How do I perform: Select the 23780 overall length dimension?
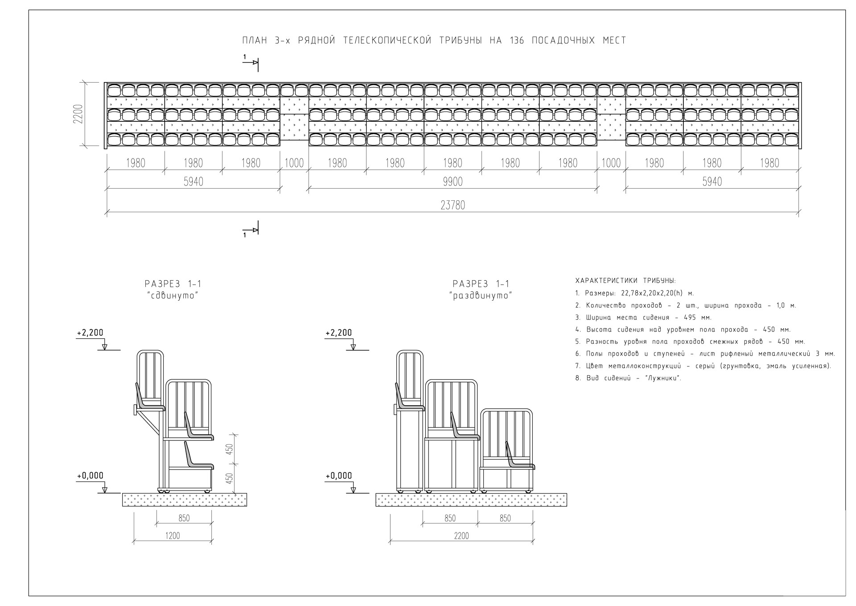pyautogui.click(x=453, y=205)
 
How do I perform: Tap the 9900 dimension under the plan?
pyautogui.click(x=453, y=182)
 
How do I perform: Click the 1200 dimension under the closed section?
pyautogui.click(x=173, y=535)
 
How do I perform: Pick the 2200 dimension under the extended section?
pyautogui.click(x=461, y=535)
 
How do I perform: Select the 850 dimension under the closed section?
pyautogui.click(x=184, y=518)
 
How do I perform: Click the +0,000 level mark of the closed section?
pyautogui.click(x=90, y=476)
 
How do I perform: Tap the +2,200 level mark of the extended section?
pyautogui.click(x=338, y=333)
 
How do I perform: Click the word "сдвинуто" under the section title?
pyautogui.click(x=172, y=295)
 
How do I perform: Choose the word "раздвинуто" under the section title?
pyautogui.click(x=481, y=295)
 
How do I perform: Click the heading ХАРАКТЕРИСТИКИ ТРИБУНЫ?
pyautogui.click(x=626, y=281)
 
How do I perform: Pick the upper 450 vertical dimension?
pyautogui.click(x=229, y=448)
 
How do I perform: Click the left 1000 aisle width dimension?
pyautogui.click(x=294, y=163)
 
